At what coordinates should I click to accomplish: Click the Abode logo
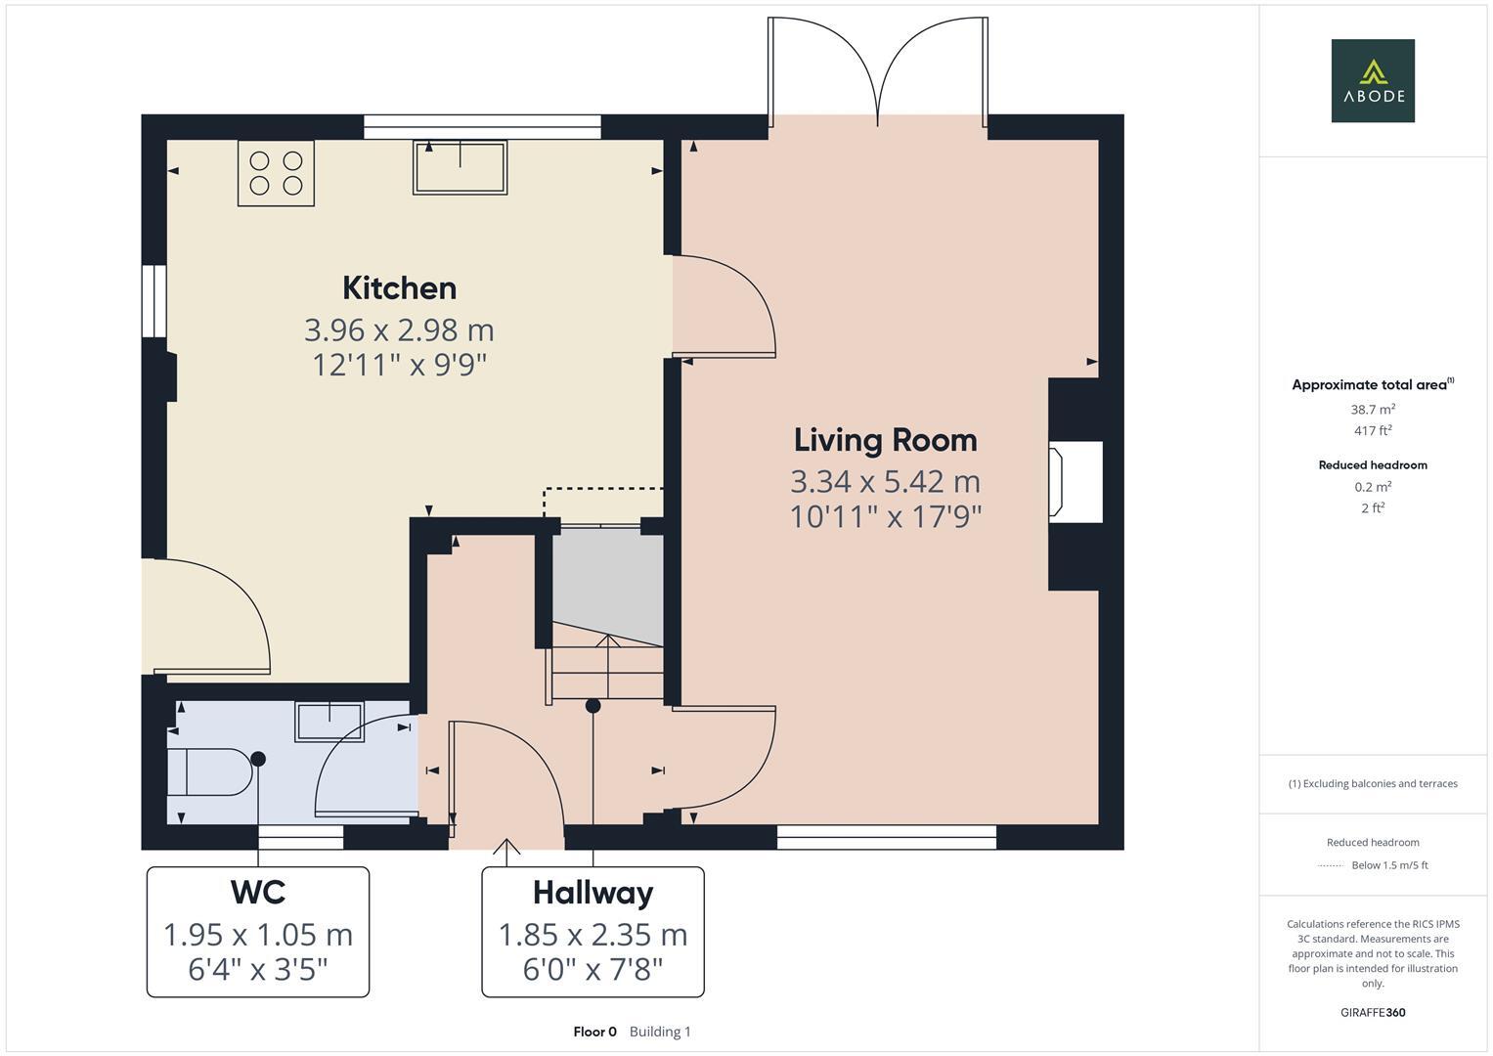tap(1372, 81)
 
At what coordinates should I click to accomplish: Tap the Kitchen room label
tap(399, 288)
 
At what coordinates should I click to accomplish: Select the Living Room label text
tap(885, 441)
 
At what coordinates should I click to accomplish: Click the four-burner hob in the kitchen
tap(276, 173)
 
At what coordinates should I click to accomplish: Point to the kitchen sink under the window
tap(460, 167)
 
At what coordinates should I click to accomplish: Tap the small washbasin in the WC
tap(329, 722)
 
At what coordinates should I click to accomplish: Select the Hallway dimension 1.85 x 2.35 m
tap(593, 936)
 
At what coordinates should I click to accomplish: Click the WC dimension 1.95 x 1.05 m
tap(257, 936)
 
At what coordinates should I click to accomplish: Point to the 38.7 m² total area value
tap(1372, 410)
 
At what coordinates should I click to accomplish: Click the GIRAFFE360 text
tap(1372, 1012)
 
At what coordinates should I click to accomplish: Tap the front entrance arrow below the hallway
tap(506, 852)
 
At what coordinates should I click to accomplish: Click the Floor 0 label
tap(594, 1032)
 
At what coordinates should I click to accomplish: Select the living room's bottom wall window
tap(886, 837)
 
